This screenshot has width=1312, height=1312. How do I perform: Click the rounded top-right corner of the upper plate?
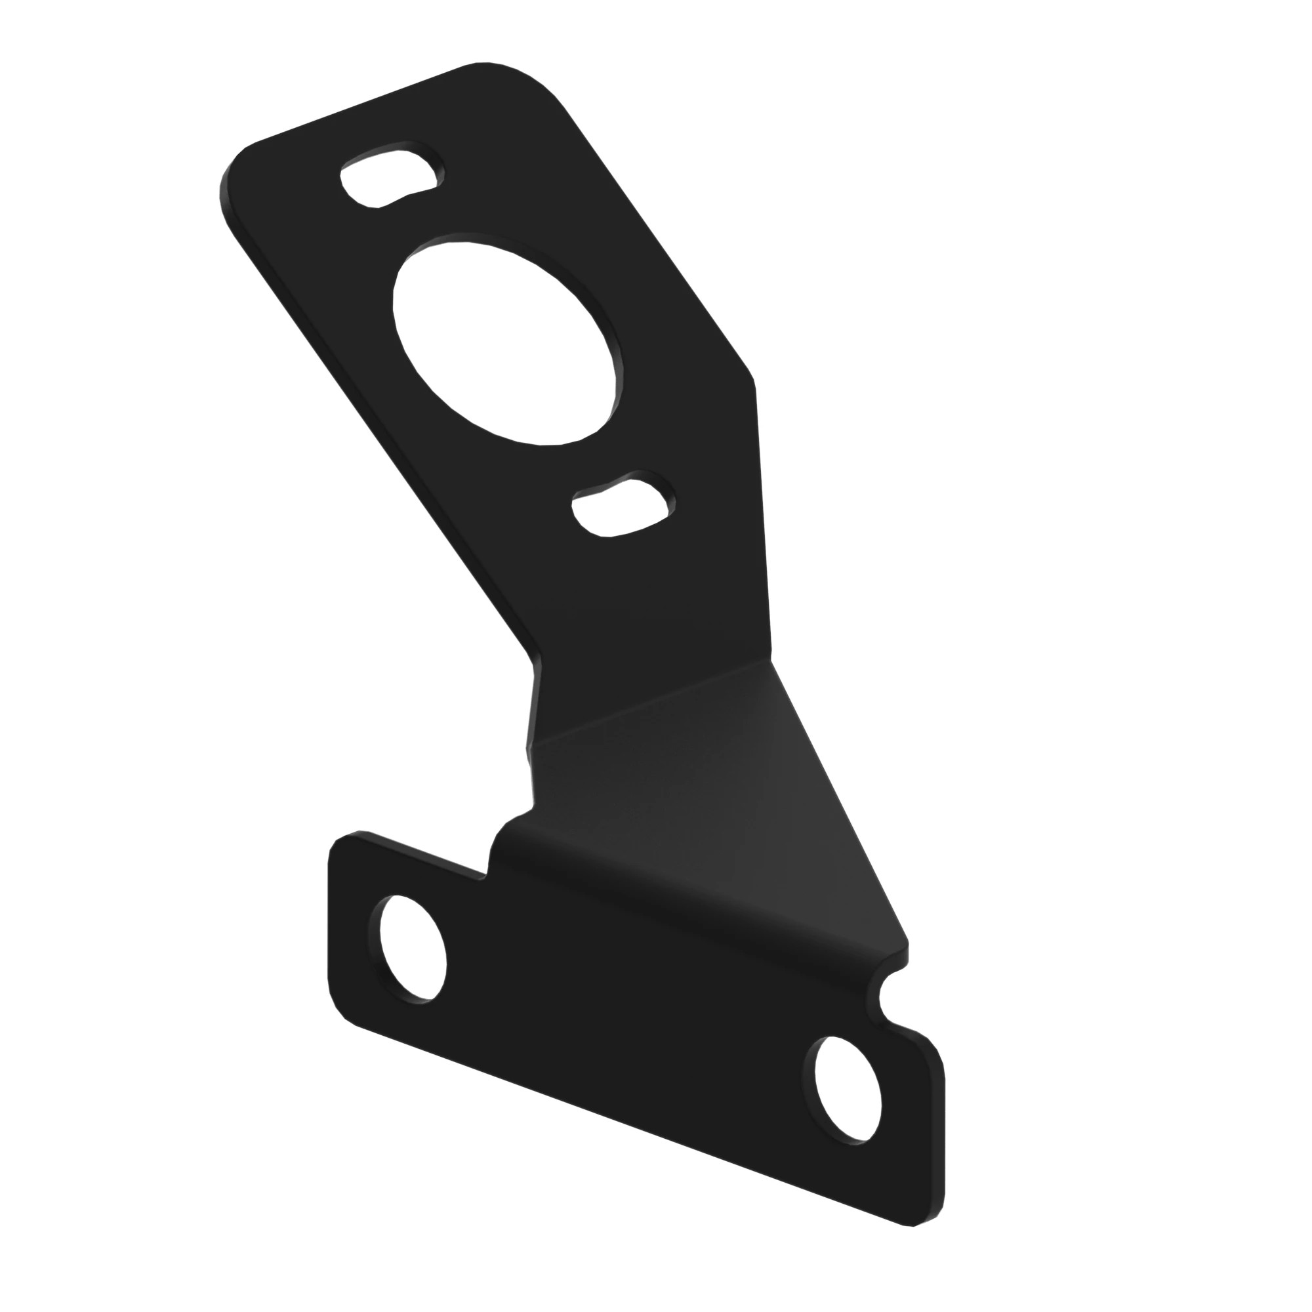(x=537, y=81)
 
